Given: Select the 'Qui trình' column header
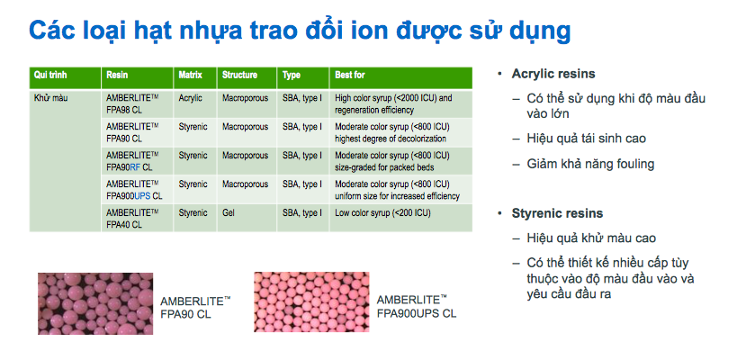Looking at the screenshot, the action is coord(50,75).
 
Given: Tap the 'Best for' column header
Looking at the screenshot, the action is coord(350,75).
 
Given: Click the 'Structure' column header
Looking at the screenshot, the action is coord(239,75).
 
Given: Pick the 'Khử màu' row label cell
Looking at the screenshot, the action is coord(65,161).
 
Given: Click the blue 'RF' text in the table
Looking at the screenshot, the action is coord(135,167).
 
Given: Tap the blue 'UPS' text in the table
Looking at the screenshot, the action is coord(142,196).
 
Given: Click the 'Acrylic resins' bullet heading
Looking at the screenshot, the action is coord(553,74).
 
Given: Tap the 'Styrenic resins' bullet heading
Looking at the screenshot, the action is coord(557,213).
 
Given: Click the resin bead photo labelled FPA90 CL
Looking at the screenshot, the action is coord(95,303).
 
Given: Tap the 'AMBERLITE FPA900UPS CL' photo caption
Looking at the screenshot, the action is coord(416,306).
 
